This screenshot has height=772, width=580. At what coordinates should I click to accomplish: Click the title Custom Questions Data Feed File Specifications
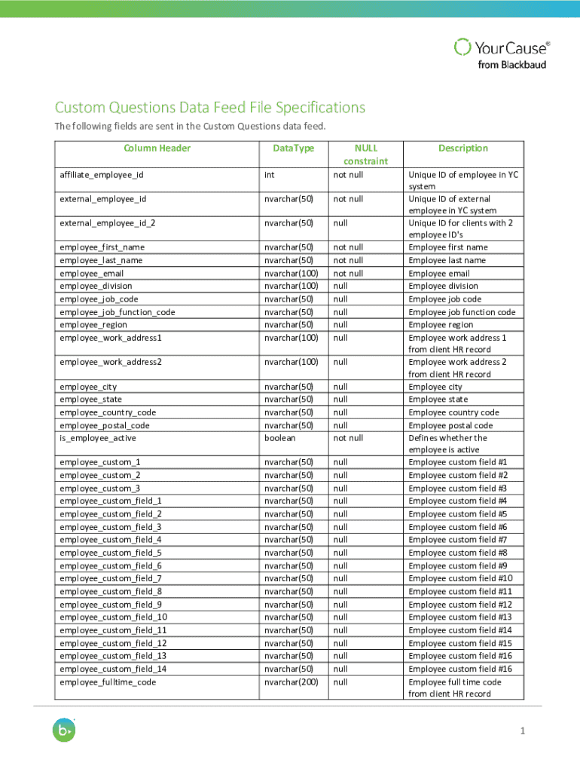(x=209, y=107)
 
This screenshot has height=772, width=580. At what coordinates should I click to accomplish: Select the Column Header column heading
(x=157, y=149)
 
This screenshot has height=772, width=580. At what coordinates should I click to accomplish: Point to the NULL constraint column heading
(x=365, y=155)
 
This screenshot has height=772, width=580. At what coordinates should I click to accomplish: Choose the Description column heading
(x=463, y=149)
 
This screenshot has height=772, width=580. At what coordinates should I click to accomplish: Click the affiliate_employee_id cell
(x=101, y=175)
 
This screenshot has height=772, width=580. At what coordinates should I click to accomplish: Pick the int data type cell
(x=269, y=175)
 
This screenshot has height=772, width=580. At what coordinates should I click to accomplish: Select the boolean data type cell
(x=279, y=438)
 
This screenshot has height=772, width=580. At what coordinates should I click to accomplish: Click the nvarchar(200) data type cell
(x=291, y=682)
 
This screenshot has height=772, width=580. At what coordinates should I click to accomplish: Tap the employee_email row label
(x=91, y=274)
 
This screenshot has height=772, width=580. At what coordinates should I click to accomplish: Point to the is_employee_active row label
(x=98, y=438)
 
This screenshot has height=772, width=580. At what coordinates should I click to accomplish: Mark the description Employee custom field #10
(x=460, y=578)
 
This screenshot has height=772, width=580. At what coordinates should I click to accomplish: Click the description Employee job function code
(x=462, y=312)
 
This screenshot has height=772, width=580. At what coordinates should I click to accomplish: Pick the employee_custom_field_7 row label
(x=110, y=578)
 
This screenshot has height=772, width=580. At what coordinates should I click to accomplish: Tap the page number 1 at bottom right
(x=521, y=731)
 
